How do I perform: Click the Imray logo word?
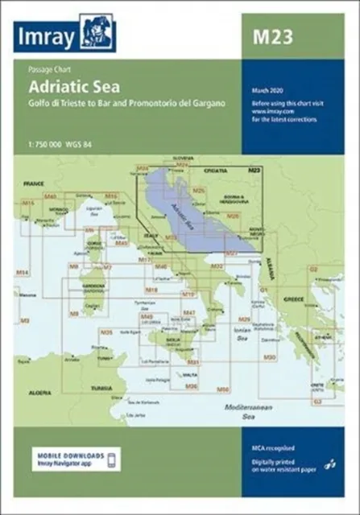pyautogui.click(x=51, y=36)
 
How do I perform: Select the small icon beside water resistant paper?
pyautogui.click(x=327, y=466)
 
